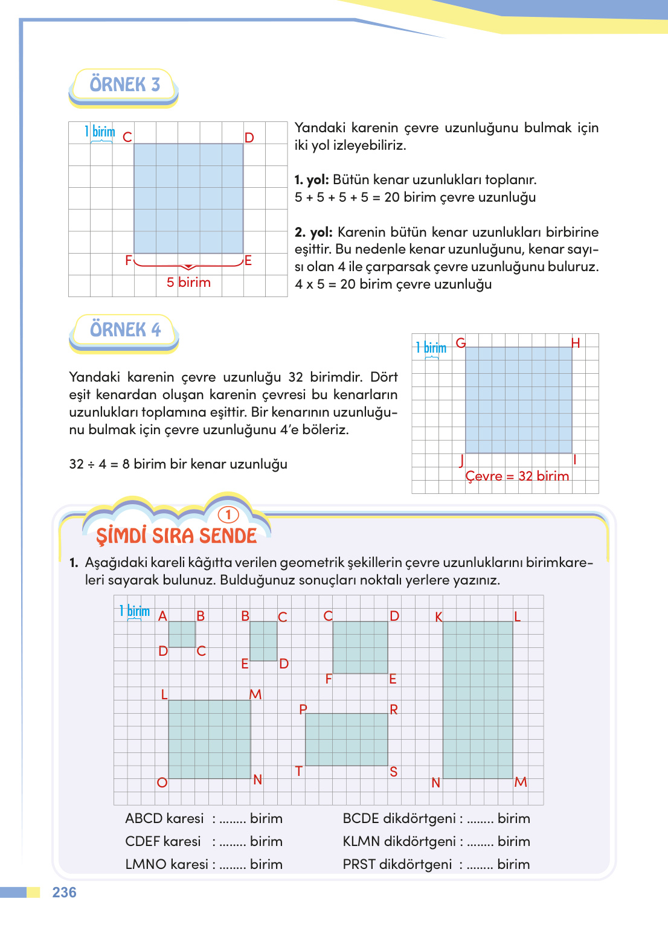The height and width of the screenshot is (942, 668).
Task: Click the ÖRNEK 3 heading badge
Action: (x=124, y=85)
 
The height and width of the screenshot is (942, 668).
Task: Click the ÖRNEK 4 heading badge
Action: (x=125, y=330)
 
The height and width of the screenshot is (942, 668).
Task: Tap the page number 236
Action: (x=64, y=892)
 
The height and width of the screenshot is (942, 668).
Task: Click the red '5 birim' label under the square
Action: (x=188, y=283)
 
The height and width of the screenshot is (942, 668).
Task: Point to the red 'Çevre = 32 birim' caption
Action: (x=517, y=476)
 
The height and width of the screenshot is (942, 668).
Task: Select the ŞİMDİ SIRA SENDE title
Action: (x=176, y=536)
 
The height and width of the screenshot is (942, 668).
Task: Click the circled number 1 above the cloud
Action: (x=228, y=514)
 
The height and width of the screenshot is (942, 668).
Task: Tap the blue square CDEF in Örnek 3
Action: (x=188, y=198)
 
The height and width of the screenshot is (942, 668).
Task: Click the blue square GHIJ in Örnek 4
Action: (x=518, y=400)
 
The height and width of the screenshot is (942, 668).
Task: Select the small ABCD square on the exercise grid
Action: (x=182, y=634)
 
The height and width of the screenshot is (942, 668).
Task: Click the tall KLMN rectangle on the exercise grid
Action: (x=478, y=699)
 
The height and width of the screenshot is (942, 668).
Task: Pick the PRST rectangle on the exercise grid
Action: (x=346, y=739)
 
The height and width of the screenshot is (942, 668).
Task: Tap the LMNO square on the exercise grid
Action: (x=209, y=739)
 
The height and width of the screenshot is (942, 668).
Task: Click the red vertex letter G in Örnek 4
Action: (x=461, y=343)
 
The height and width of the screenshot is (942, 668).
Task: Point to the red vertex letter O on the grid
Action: (x=162, y=783)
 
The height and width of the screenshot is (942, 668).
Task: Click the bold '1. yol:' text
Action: (x=312, y=180)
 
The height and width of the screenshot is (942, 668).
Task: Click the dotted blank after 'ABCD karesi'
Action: (x=233, y=820)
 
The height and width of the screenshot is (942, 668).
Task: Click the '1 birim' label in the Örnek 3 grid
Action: (x=100, y=132)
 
